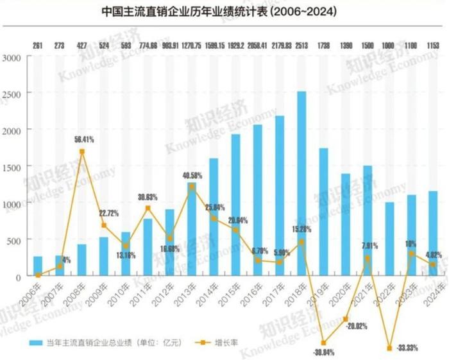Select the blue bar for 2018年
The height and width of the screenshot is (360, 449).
[x=301, y=184]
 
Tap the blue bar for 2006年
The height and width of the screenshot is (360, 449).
[x=38, y=266]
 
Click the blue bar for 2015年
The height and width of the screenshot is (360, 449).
[x=235, y=205]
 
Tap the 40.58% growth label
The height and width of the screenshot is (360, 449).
[x=196, y=175]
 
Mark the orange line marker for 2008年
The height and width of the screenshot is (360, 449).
[x=82, y=152]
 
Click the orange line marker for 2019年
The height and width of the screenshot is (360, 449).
[x=323, y=343]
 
